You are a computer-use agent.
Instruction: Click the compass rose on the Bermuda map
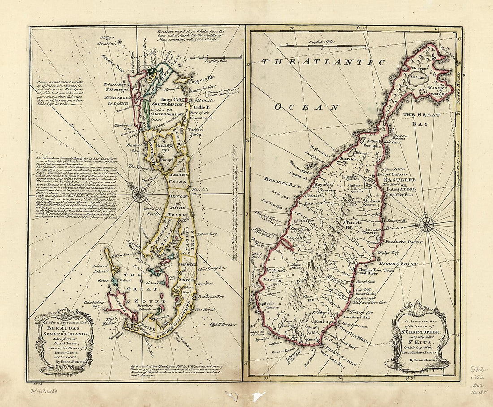click(140, 194)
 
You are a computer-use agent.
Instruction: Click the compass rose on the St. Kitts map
click(427, 224)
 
